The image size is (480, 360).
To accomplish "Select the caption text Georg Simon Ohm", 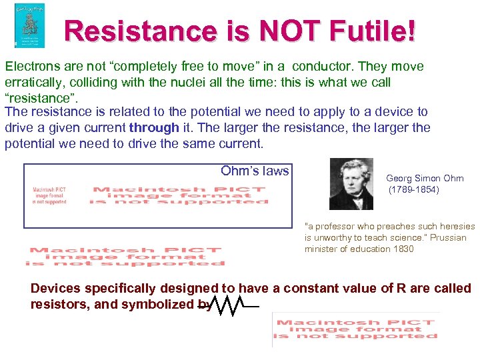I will click(x=425, y=179).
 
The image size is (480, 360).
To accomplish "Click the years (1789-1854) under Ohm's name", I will click(x=414, y=190).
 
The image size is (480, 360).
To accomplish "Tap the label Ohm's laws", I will click(x=255, y=171).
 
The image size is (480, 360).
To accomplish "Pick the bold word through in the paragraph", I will click(x=155, y=127).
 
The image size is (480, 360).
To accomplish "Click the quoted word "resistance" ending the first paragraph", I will click(x=39, y=99).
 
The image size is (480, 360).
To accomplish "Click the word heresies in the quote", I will click(x=455, y=227).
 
